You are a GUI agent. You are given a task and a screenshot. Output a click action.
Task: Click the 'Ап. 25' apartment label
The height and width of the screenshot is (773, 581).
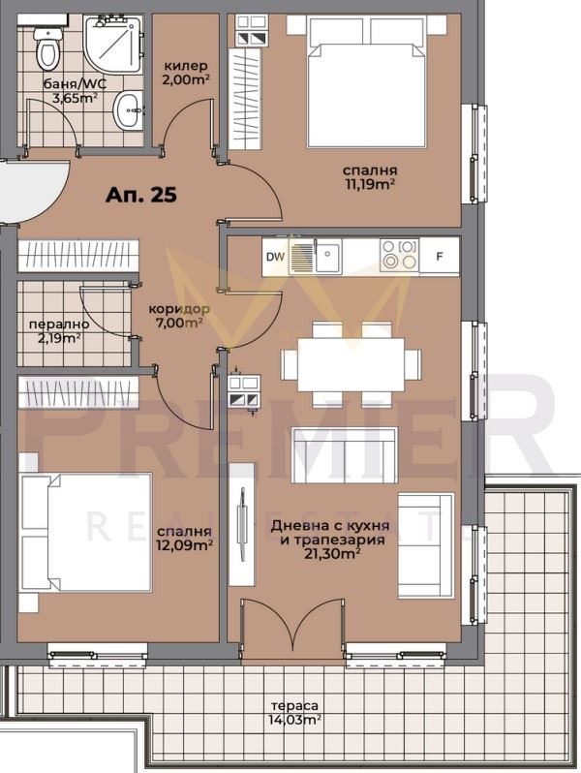(141, 195)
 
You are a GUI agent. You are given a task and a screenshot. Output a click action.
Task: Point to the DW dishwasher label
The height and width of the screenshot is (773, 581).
(275, 257)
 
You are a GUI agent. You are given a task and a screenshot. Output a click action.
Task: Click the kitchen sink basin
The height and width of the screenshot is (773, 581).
(327, 256)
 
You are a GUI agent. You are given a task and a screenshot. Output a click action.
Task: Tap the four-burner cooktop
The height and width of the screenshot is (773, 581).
(399, 255)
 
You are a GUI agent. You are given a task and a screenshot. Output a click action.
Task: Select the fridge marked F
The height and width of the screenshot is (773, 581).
(439, 256)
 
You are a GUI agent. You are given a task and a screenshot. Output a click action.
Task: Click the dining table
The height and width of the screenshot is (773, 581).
(351, 365)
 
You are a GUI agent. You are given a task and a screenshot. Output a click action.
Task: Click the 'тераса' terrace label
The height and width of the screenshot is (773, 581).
(294, 706)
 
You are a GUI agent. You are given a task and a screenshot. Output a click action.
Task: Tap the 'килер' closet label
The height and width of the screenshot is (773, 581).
(185, 66)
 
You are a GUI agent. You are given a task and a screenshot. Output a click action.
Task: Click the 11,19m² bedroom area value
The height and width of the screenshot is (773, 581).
(370, 184)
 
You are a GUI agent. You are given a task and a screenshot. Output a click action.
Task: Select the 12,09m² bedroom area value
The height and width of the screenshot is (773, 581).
(185, 545)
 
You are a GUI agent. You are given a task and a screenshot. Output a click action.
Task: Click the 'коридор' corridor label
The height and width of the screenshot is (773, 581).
(179, 309)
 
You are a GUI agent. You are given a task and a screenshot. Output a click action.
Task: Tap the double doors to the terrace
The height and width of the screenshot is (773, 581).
(292, 628)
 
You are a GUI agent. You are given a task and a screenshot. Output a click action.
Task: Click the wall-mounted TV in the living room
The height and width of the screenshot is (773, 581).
(242, 524)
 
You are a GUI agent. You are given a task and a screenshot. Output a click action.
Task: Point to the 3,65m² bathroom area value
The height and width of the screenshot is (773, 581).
(75, 97)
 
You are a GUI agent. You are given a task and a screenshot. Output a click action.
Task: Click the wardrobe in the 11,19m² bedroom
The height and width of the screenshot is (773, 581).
(245, 98)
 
